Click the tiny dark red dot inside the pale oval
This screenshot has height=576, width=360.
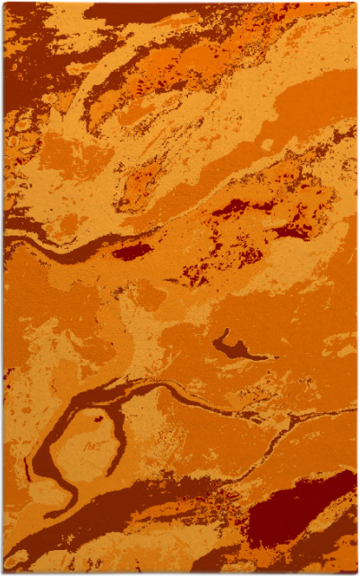click(98, 417)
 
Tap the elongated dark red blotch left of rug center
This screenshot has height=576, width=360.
click(132, 251)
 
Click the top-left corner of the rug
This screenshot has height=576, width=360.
click(4, 4)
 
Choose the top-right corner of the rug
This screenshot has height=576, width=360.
click(356, 4)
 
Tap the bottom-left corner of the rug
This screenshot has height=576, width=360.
click(4, 572)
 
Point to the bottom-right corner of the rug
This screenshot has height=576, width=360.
click(356, 572)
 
